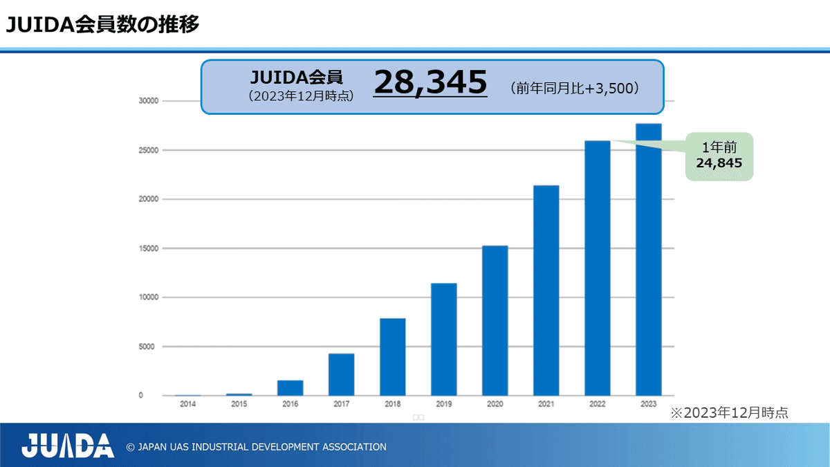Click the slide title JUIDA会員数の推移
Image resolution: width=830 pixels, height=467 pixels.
tap(103, 26)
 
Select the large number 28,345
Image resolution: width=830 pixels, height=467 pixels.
tap(430, 83)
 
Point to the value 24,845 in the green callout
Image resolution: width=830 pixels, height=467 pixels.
tap(719, 164)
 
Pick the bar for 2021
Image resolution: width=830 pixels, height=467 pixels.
tap(546, 291)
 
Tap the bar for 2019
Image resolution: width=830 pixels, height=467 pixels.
tap(443, 339)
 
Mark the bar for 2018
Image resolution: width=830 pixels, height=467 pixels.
tap(392, 357)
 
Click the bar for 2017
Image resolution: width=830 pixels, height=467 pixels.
tap(341, 374)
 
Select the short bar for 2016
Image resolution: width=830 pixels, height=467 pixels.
tap(290, 387)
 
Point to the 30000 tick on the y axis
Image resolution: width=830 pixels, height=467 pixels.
tap(150, 101)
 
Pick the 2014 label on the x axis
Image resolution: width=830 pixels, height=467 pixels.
tap(187, 404)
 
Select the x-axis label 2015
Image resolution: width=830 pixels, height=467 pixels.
tap(239, 404)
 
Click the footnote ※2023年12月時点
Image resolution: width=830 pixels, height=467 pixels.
tap(729, 413)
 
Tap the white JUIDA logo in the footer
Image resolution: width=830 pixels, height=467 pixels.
tap(67, 446)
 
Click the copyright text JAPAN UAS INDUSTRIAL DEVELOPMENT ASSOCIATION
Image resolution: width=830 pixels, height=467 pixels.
tap(256, 447)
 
